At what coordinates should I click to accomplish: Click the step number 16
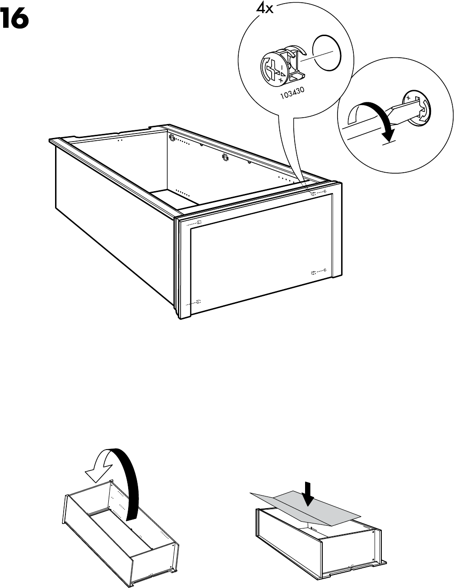pos(15,19)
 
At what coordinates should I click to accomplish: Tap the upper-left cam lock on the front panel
pos(199,223)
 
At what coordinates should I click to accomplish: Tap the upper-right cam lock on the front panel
pos(313,193)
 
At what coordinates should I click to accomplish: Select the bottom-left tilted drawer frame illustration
pos(120,537)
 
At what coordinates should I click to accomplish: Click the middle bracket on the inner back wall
pos(224,158)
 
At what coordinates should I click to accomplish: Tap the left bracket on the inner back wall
pos(172,137)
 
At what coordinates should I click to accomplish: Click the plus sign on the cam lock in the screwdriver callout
pos(408,97)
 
